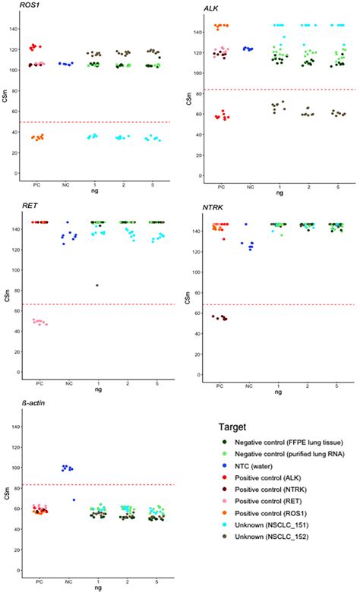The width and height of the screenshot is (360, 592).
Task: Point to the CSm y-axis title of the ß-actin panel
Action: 7,502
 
